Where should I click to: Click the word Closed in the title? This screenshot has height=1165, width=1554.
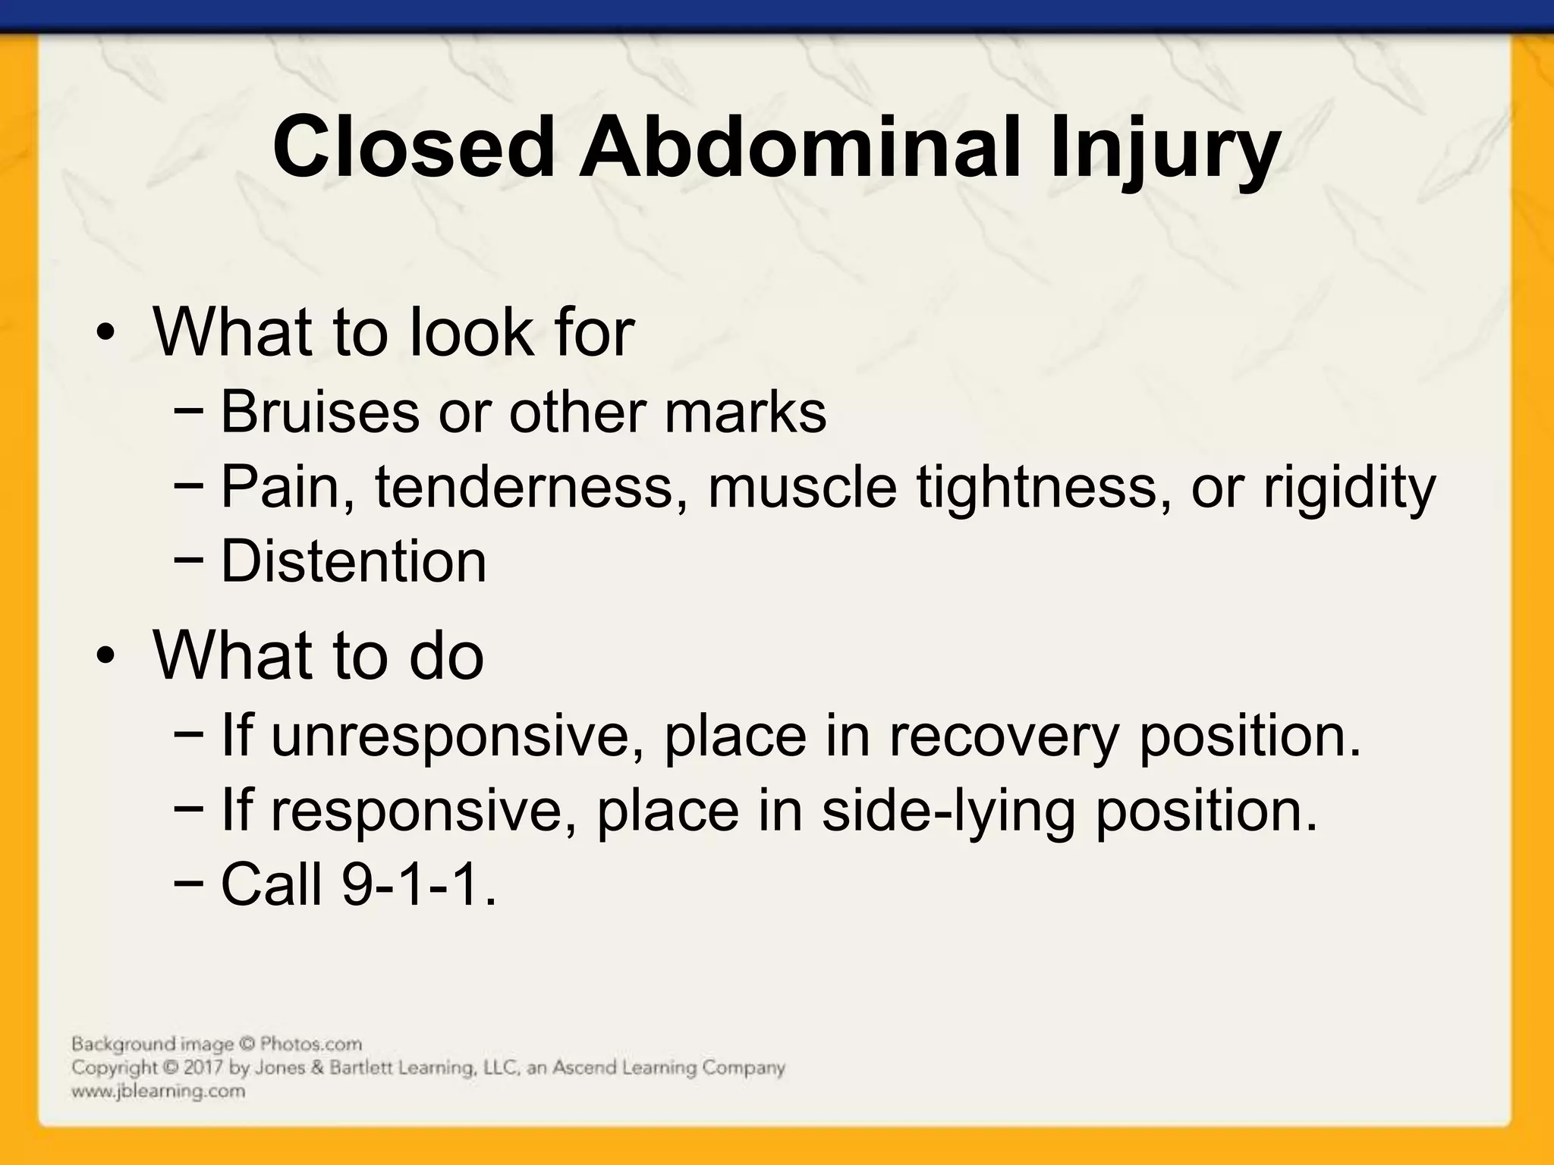click(x=414, y=148)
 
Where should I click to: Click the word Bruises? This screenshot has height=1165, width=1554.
click(x=319, y=413)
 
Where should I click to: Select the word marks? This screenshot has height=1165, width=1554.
click(x=745, y=413)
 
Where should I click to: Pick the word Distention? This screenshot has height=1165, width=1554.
click(x=354, y=562)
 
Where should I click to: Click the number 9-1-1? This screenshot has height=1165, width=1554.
click(x=420, y=884)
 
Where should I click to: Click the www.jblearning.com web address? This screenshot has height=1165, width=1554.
click(x=158, y=1091)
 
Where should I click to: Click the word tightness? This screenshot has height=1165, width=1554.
click(x=1047, y=487)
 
